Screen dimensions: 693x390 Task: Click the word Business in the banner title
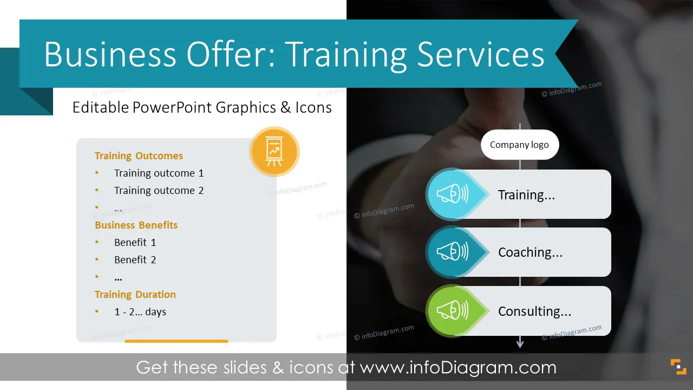(x=110, y=54)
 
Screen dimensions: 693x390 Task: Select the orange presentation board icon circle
(x=274, y=152)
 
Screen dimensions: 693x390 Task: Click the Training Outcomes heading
(x=139, y=155)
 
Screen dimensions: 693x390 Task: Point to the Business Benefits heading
(x=136, y=225)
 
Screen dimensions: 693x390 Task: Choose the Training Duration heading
(x=135, y=294)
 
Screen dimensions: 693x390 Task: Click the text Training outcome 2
(x=159, y=190)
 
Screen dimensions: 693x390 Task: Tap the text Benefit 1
(x=135, y=242)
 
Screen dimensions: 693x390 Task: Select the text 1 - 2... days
(x=140, y=311)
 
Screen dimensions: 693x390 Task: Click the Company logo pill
(x=520, y=145)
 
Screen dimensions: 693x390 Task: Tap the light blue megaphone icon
(x=452, y=194)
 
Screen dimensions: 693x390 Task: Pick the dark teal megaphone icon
(x=452, y=252)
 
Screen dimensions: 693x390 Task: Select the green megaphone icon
(x=452, y=310)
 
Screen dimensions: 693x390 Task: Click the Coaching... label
(x=530, y=252)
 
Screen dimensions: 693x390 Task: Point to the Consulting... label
(x=534, y=311)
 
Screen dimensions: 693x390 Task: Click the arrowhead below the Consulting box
(x=520, y=344)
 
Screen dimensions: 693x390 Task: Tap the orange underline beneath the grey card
(x=176, y=341)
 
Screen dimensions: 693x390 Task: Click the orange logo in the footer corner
(x=678, y=367)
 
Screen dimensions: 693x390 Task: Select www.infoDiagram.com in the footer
(x=458, y=367)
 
